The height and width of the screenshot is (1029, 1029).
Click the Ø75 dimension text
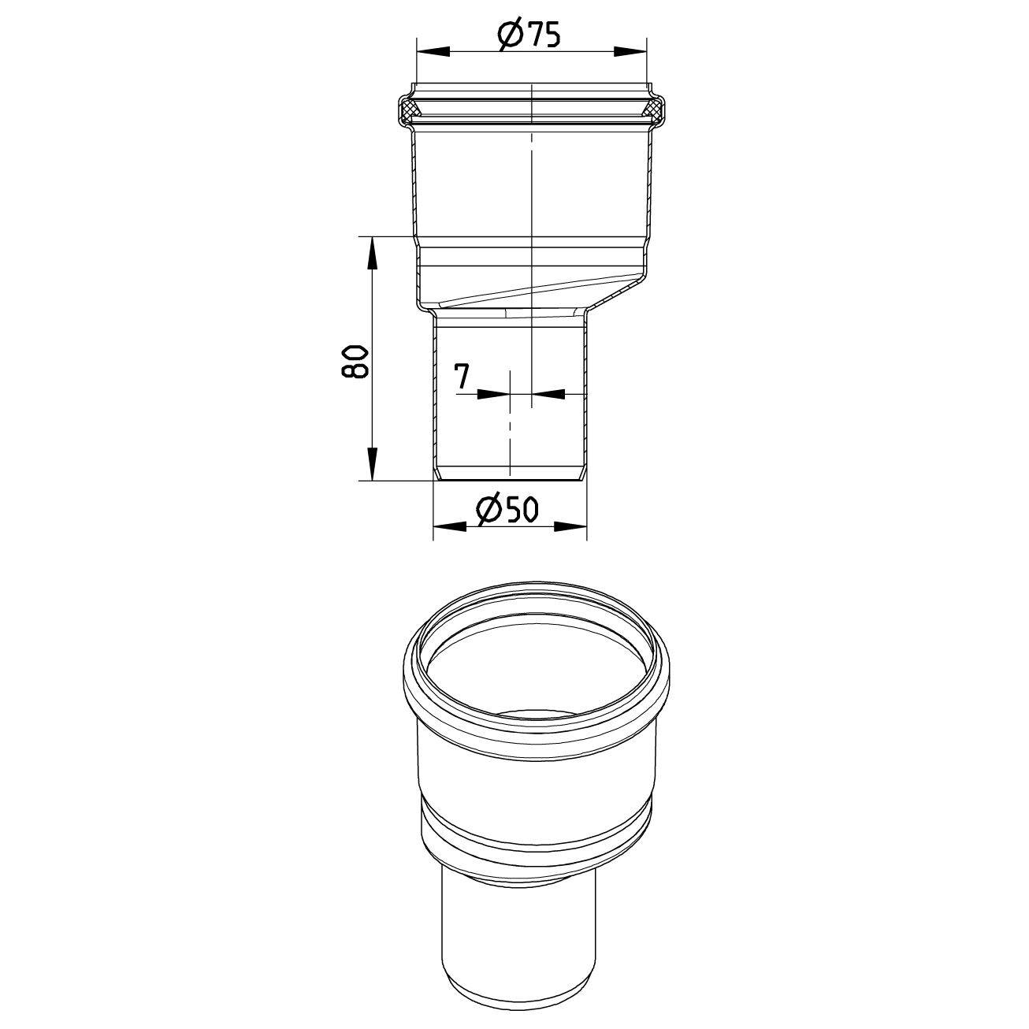click(x=529, y=35)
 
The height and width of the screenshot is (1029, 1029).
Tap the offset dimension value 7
click(x=462, y=377)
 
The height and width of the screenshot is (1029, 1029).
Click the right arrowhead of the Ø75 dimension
click(x=630, y=51)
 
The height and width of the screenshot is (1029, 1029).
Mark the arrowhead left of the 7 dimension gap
click(x=496, y=392)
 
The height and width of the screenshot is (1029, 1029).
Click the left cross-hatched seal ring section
click(x=408, y=110)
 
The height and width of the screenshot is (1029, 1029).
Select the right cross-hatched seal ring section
click(x=655, y=110)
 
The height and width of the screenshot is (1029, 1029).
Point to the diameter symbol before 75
click(x=509, y=35)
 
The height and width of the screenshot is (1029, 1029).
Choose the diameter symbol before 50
click(x=488, y=511)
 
